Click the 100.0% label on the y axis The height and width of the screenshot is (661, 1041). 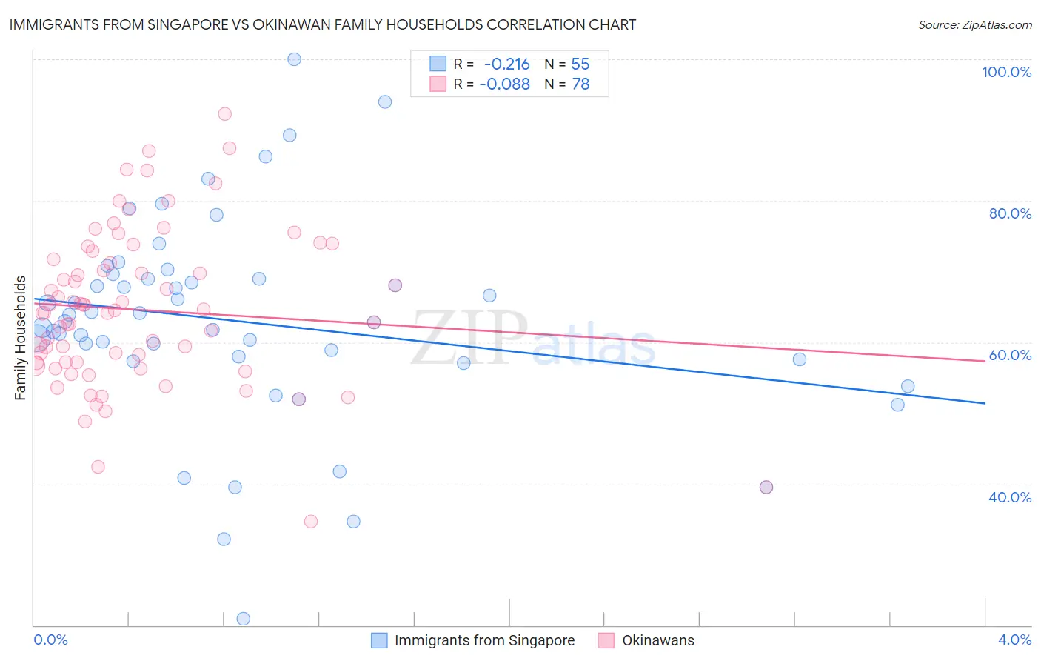[1006, 72]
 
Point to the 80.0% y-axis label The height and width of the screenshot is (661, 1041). [1010, 213]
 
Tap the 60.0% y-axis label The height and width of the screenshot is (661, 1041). [1010, 355]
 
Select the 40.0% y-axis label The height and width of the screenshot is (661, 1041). [1010, 496]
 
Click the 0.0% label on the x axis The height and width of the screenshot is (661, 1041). [50, 640]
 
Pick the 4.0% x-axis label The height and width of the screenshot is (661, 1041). [1014, 640]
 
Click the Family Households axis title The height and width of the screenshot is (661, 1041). [21, 338]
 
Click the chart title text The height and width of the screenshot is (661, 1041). [323, 24]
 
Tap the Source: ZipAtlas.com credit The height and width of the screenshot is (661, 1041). [974, 24]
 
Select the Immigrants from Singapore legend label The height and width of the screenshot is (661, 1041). [484, 640]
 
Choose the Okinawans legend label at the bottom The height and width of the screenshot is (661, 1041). [658, 640]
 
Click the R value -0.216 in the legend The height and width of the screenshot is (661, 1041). [506, 64]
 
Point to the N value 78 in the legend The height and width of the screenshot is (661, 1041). [580, 84]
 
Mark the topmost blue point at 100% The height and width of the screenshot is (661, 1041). [294, 59]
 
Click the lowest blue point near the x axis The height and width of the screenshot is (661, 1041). [243, 619]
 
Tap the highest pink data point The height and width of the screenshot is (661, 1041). [224, 114]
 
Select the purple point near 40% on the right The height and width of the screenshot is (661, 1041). [766, 487]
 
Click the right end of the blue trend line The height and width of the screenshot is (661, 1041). [985, 403]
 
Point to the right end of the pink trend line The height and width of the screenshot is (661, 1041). [985, 361]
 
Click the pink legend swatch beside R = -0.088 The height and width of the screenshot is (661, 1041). [438, 84]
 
